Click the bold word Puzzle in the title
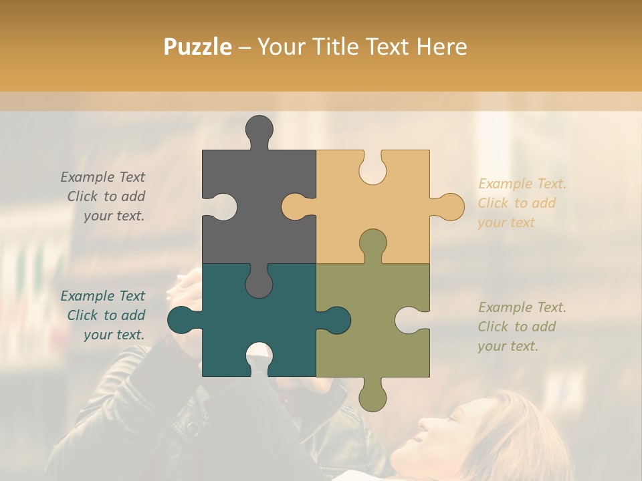click(x=198, y=47)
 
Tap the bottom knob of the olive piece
click(x=372, y=395)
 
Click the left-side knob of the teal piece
click(x=182, y=320)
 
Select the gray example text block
click(x=104, y=196)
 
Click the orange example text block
click(x=522, y=203)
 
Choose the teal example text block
click(x=104, y=315)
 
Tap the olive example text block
click(x=522, y=327)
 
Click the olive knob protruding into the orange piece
click(x=372, y=245)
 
